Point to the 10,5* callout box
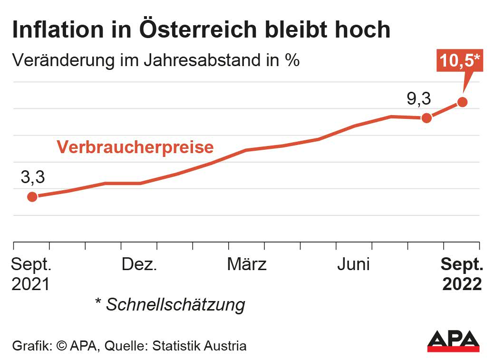(459, 61)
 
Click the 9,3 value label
(418, 99)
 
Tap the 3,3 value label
(32, 177)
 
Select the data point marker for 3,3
(32, 196)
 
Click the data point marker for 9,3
(427, 117)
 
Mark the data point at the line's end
(462, 102)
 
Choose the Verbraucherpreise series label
(135, 147)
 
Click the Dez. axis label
(139, 264)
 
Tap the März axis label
(246, 264)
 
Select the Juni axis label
(354, 264)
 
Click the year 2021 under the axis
(30, 284)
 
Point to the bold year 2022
(462, 284)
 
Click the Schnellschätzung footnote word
(175, 304)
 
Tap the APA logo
(453, 340)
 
